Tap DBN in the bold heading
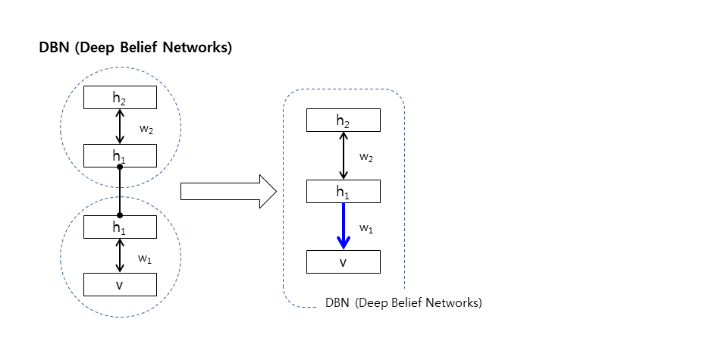pos(54,47)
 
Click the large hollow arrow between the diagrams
pos(228,191)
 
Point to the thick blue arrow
pos(343,226)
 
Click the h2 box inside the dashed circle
pos(120,98)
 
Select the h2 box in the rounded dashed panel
pos(343,121)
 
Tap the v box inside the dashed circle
pos(120,284)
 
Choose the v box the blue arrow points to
pos(343,261)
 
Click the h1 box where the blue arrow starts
pos(343,191)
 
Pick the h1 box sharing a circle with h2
pos(120,155)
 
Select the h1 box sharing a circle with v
pos(120,227)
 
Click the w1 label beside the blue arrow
pos(366,229)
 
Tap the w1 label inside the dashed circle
pos(144,259)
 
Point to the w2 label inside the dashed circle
pos(146,130)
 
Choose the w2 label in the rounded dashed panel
pos(366,158)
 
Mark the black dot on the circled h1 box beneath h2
pos(120,167)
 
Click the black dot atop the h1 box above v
pos(120,215)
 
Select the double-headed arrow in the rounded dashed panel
pos(343,155)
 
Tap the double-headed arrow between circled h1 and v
pos(120,255)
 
